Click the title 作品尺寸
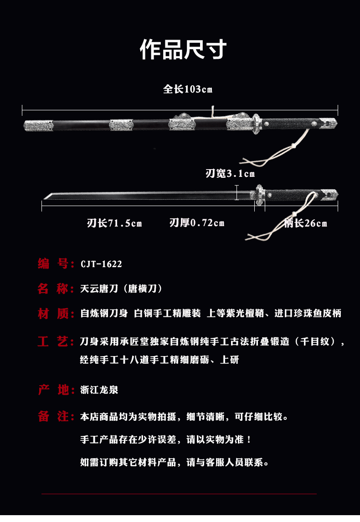pyautogui.click(x=183, y=49)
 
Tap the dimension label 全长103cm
pyautogui.click(x=188, y=89)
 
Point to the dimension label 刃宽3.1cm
pyautogui.click(x=230, y=173)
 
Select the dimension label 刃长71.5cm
pyautogui.click(x=114, y=223)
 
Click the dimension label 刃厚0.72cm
pyautogui.click(x=197, y=223)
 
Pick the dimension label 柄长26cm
pyautogui.click(x=305, y=223)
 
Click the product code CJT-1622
pyautogui.click(x=101, y=264)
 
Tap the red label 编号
pyautogui.click(x=53, y=264)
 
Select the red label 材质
pyautogui.click(x=53, y=314)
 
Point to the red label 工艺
pyautogui.click(x=53, y=342)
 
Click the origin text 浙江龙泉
pyautogui.click(x=99, y=390)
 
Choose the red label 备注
pyautogui.click(x=53, y=417)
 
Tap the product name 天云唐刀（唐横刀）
pyautogui.click(x=122, y=289)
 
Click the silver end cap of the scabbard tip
pyautogui.click(x=38, y=125)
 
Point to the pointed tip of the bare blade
pyautogui.click(x=44, y=198)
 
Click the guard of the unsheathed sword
pyautogui.click(x=259, y=195)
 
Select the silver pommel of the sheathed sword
pyautogui.click(x=329, y=123)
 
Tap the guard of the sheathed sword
pyautogui.click(x=256, y=124)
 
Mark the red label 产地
pyautogui.click(x=53, y=390)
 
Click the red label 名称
pyautogui.click(x=53, y=289)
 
